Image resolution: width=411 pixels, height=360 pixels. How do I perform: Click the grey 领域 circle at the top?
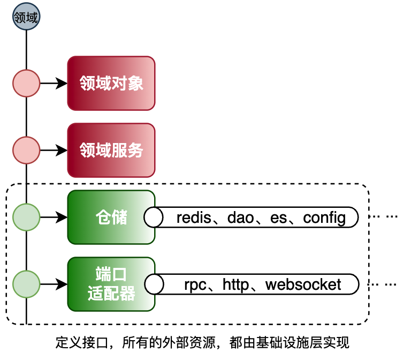coord(26,17)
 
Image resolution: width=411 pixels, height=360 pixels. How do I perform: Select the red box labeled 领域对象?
coord(111,84)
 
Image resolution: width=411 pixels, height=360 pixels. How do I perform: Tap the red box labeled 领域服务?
coord(111,150)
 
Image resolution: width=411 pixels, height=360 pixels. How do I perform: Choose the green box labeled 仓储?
coord(111,217)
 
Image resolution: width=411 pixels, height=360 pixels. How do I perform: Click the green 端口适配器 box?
coord(111,284)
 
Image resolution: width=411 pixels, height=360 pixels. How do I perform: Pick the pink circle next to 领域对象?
coord(26,84)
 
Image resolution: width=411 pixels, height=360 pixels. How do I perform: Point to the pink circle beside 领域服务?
coord(26,150)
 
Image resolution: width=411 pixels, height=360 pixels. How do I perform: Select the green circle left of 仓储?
coord(26,217)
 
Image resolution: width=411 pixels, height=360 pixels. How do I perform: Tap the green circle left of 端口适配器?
coord(26,284)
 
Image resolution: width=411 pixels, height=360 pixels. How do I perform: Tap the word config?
coord(324,217)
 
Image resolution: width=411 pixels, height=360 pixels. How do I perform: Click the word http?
coord(236,284)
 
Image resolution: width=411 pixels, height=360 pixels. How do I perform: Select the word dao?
coord(243,217)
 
